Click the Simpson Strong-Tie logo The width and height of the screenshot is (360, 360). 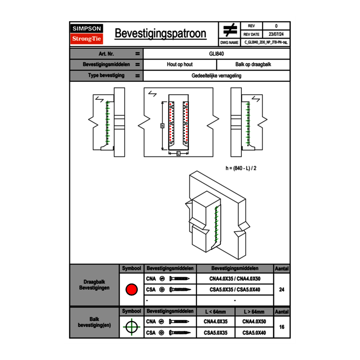coord(87,34)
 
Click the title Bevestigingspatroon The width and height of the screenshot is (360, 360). coord(160,34)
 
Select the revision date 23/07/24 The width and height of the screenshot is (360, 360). coord(276,34)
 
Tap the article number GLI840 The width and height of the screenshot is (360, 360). coord(216,54)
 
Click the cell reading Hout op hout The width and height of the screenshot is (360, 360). coord(180,65)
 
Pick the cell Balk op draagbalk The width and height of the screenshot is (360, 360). coord(253,65)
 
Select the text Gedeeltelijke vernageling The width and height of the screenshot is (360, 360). coord(216,76)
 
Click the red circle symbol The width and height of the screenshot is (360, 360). coord(131,290)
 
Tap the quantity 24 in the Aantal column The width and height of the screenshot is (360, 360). coord(281,290)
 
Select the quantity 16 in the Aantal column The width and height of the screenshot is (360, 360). coord(281,327)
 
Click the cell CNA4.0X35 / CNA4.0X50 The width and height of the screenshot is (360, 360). coord(235,279)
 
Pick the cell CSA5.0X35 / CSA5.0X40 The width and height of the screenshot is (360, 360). coord(235,290)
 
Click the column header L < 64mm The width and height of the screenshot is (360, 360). coord(215,312)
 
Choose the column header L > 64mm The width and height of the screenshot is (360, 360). coord(254,312)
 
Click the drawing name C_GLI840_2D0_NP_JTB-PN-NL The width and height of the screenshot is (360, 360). coord(266,42)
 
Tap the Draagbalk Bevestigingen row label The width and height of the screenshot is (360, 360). coord(94,285)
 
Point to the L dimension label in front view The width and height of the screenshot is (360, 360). coord(178,153)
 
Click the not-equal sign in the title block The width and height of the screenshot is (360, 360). coord(229,30)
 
